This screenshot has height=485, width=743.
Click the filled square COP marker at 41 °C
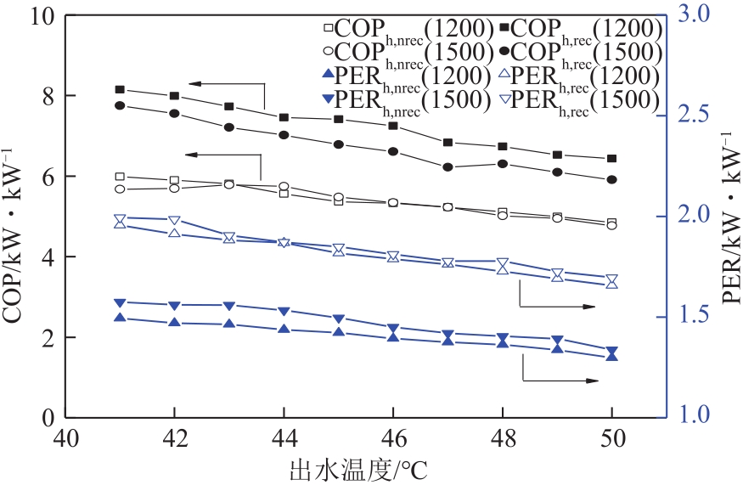pos(120,89)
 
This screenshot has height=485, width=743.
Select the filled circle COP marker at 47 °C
pos(447,167)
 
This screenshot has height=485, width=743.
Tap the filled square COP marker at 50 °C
pos(611,159)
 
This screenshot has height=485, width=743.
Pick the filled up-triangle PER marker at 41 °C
pos(120,318)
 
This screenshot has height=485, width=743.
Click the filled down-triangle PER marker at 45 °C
pos(338,319)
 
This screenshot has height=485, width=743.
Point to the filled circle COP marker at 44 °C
pos(284,135)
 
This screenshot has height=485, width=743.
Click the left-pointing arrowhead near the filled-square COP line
pos(194,83)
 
